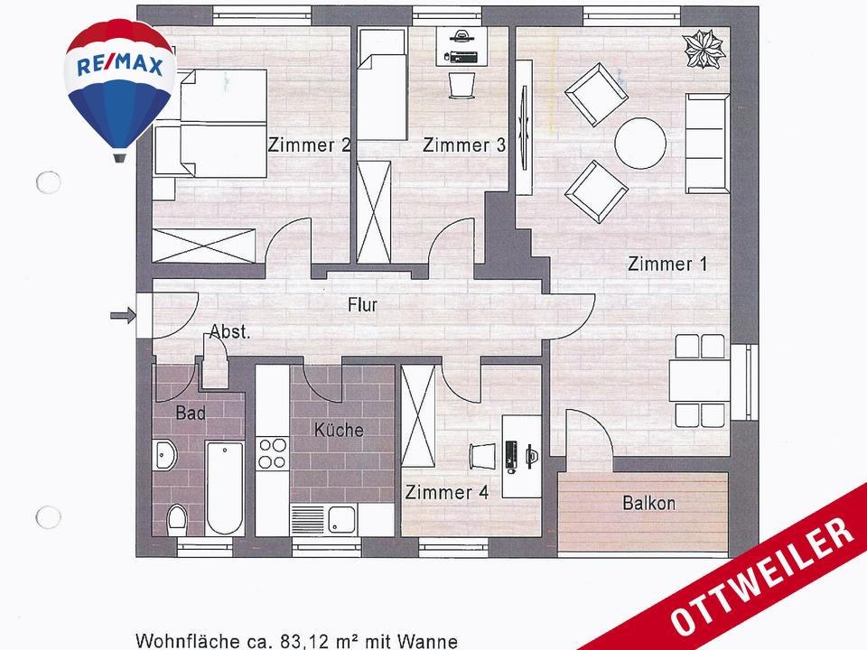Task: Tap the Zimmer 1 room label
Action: coord(667,265)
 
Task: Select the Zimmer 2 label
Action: coord(310,145)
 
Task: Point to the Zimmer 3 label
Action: coord(463,145)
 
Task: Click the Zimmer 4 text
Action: coord(447,493)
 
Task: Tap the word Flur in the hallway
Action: coord(362,305)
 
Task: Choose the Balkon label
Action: coord(648,504)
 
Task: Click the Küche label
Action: coord(339,430)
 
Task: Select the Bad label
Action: coord(191,413)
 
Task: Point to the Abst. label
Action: coord(230,331)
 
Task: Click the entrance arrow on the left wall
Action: coord(121,315)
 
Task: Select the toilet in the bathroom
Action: coord(177,518)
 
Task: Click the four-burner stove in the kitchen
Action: coord(272,453)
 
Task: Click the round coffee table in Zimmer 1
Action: coord(640,143)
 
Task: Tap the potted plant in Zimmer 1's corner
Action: coord(704,50)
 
